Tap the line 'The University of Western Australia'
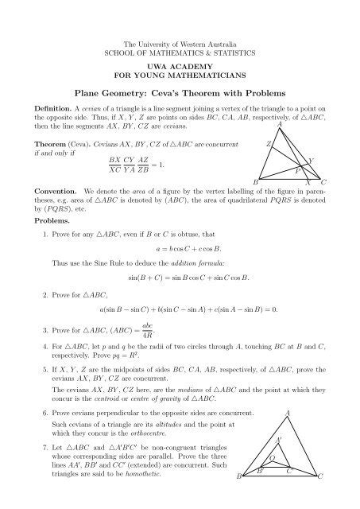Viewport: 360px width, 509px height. click(180, 41)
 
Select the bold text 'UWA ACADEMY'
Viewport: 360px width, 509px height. click(180, 65)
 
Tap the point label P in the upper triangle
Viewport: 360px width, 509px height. click(296, 170)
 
